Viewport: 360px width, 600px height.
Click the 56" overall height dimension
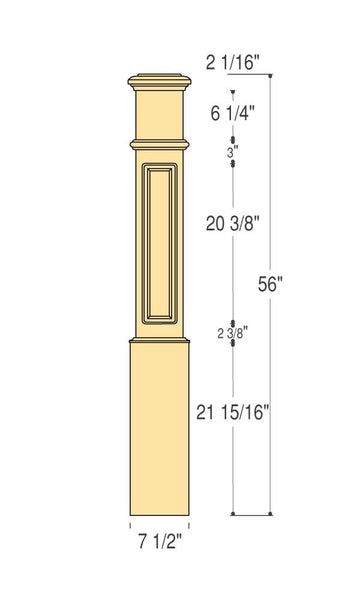270,283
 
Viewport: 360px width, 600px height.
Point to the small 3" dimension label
232,153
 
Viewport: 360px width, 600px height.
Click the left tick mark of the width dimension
130,523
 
